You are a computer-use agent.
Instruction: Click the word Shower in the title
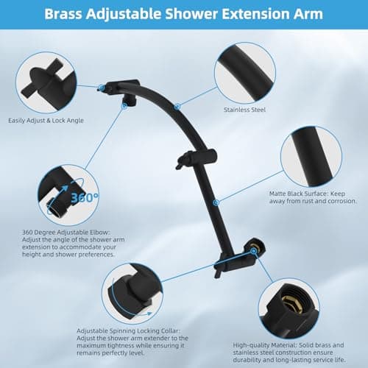coord(195,13)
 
